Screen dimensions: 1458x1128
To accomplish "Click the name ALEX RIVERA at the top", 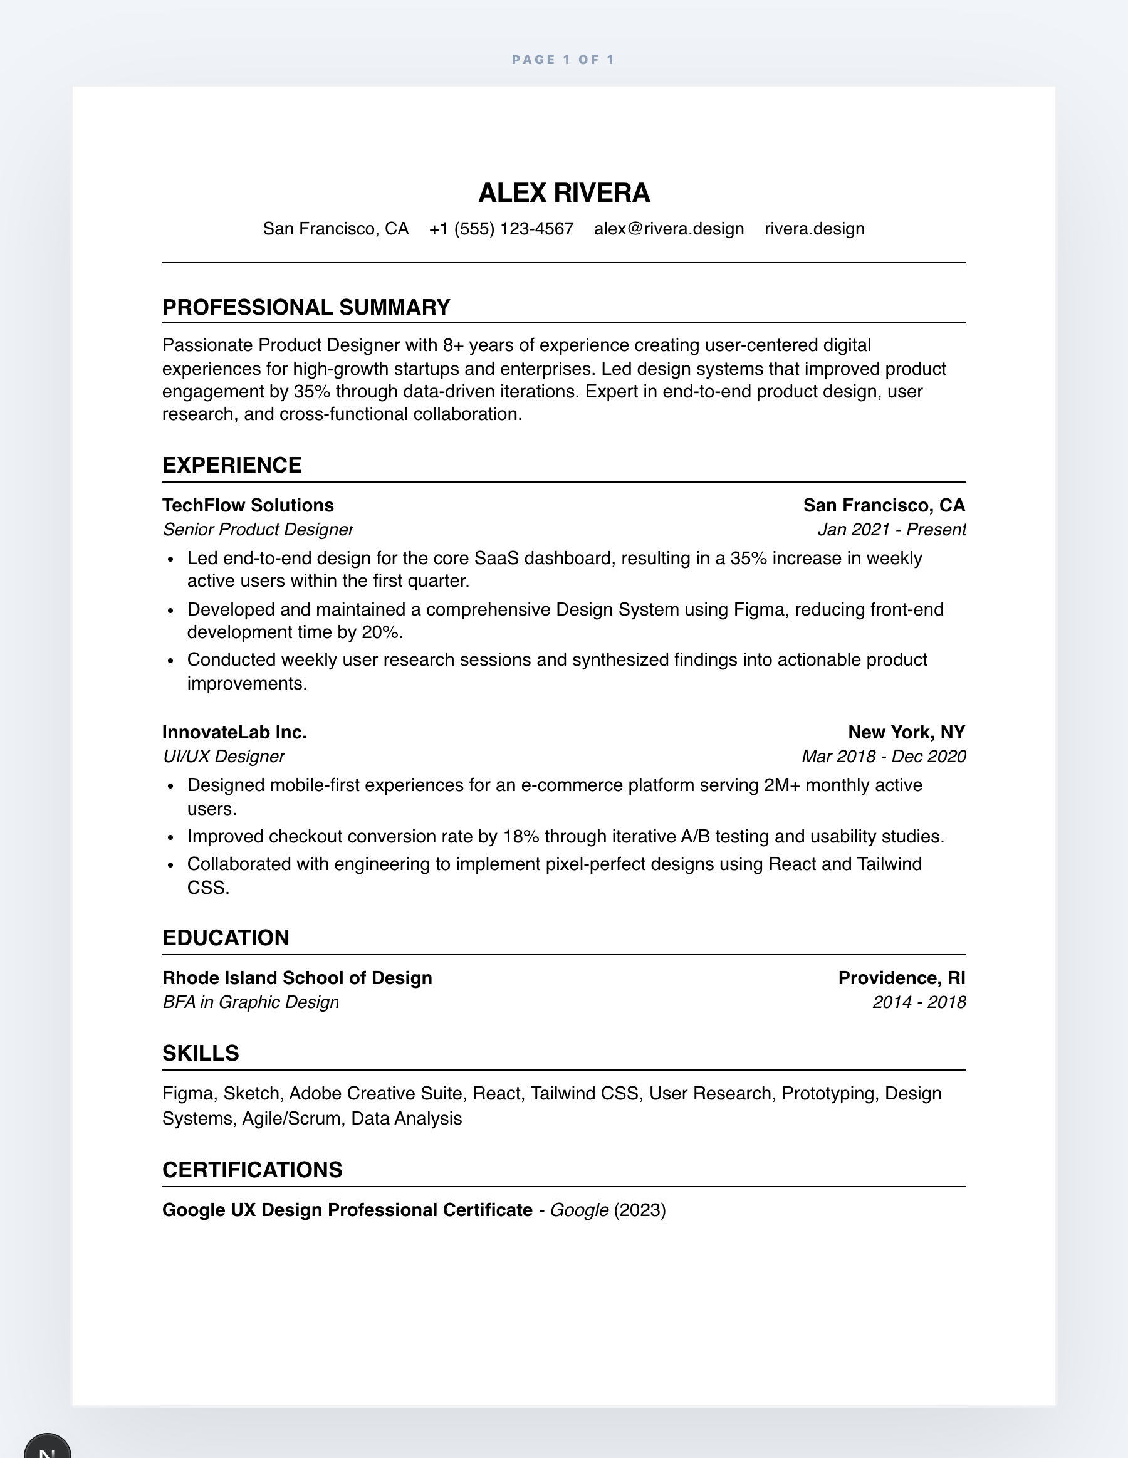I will click(564, 193).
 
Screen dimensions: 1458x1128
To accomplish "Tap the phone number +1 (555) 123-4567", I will click(501, 229).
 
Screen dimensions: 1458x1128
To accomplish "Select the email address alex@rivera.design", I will click(669, 229).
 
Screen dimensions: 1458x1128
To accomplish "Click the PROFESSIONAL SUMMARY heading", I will click(306, 307).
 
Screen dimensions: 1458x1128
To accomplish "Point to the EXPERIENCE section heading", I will click(232, 465).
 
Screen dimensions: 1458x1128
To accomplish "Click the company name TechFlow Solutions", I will click(248, 505).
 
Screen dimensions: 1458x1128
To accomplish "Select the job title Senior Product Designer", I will click(258, 530).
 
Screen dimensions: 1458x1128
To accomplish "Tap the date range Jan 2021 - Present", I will click(892, 530).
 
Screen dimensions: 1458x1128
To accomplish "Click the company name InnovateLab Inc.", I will click(234, 732).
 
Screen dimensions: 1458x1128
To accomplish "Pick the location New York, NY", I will click(906, 732).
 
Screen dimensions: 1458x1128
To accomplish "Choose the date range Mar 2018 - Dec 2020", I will click(884, 757).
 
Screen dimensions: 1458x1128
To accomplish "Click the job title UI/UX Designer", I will click(224, 757).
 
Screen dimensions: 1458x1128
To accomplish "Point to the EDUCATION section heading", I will click(226, 938).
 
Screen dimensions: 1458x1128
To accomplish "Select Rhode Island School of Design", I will click(297, 978).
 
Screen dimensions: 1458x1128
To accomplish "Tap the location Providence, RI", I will click(902, 978).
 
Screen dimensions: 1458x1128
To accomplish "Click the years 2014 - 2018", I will click(919, 1002).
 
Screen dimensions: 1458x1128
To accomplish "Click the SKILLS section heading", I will click(201, 1054).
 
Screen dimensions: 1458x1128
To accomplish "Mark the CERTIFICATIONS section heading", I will click(253, 1170).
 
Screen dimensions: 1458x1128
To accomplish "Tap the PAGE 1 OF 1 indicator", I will click(563, 60).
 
